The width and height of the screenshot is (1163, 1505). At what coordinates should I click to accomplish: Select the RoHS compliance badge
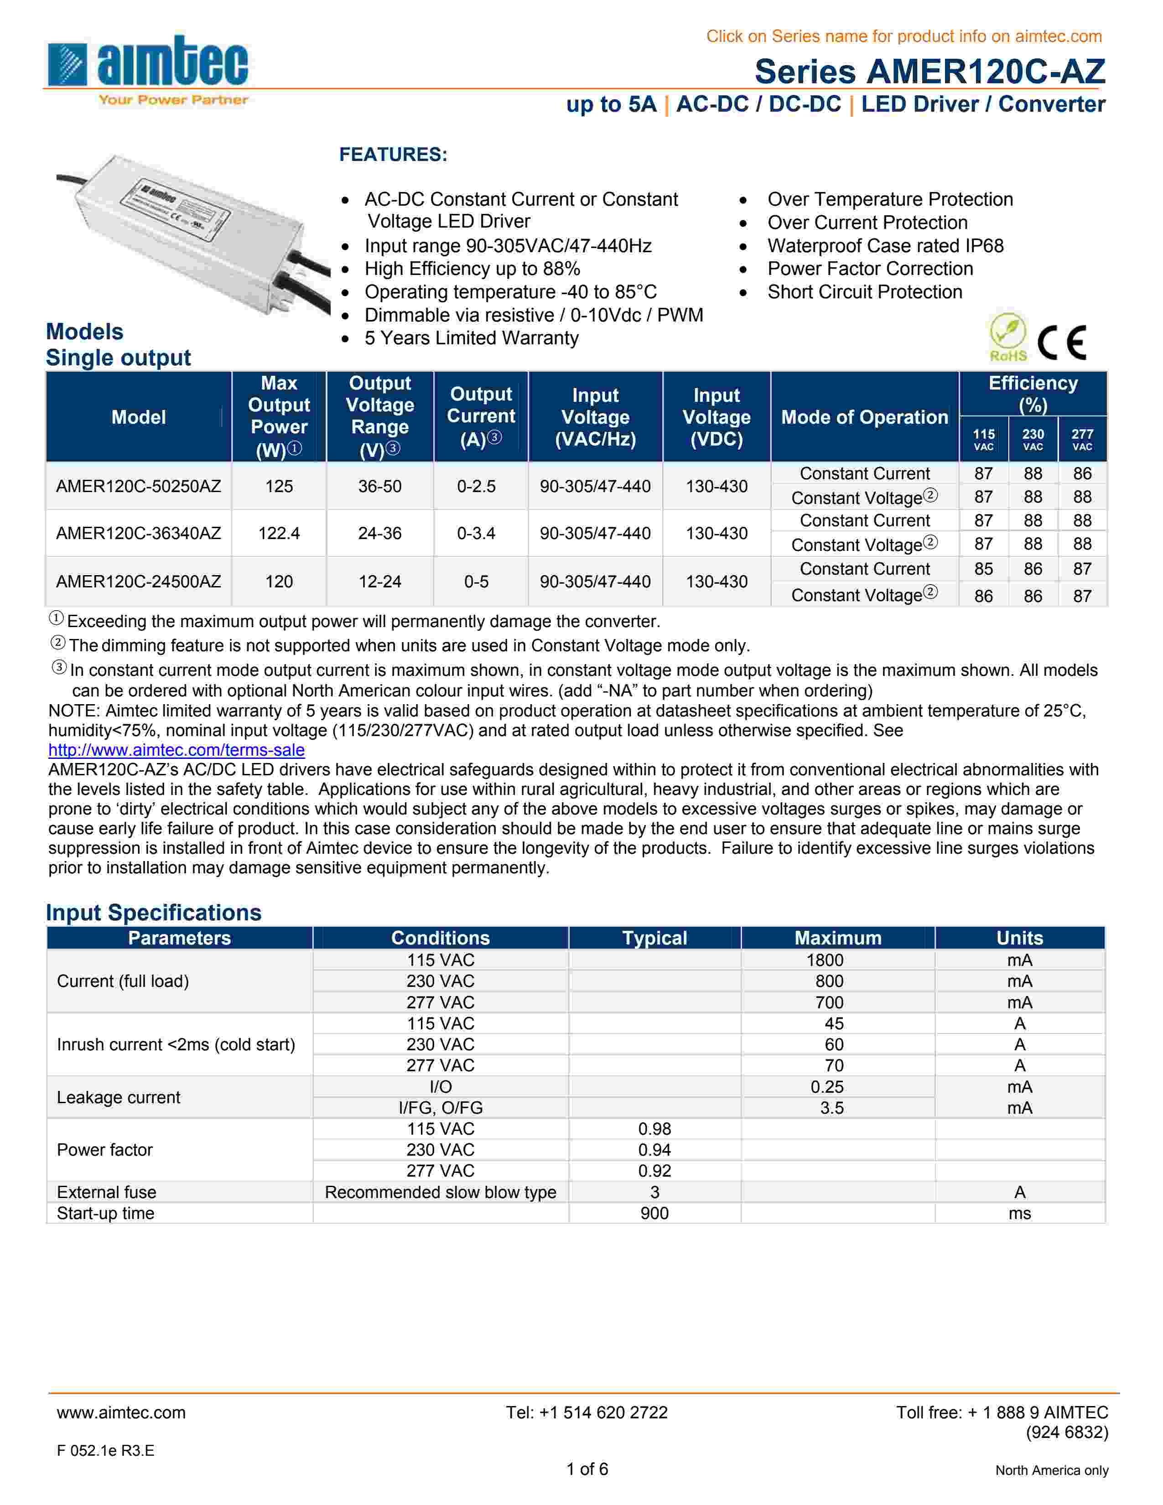tap(1008, 337)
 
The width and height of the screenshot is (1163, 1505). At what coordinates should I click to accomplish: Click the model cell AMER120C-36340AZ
tap(139, 534)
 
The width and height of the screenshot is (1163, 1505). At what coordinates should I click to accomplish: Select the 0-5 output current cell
tap(476, 581)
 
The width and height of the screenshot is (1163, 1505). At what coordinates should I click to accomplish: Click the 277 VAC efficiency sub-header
tap(1082, 439)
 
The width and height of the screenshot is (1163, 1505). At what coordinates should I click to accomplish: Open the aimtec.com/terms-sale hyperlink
tap(177, 750)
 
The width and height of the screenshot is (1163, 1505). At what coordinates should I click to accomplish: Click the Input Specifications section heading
tap(154, 913)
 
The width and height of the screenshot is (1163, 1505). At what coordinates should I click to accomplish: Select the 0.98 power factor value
tap(654, 1129)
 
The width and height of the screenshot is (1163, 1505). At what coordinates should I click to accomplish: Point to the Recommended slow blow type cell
tap(440, 1192)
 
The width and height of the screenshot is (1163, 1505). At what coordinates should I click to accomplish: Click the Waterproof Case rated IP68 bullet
tap(885, 246)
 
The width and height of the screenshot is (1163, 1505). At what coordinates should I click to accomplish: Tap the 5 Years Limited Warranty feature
tap(471, 338)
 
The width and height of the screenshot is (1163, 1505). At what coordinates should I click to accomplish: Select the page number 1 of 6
tap(587, 1469)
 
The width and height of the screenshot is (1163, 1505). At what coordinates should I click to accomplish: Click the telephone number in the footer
tap(587, 1413)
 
